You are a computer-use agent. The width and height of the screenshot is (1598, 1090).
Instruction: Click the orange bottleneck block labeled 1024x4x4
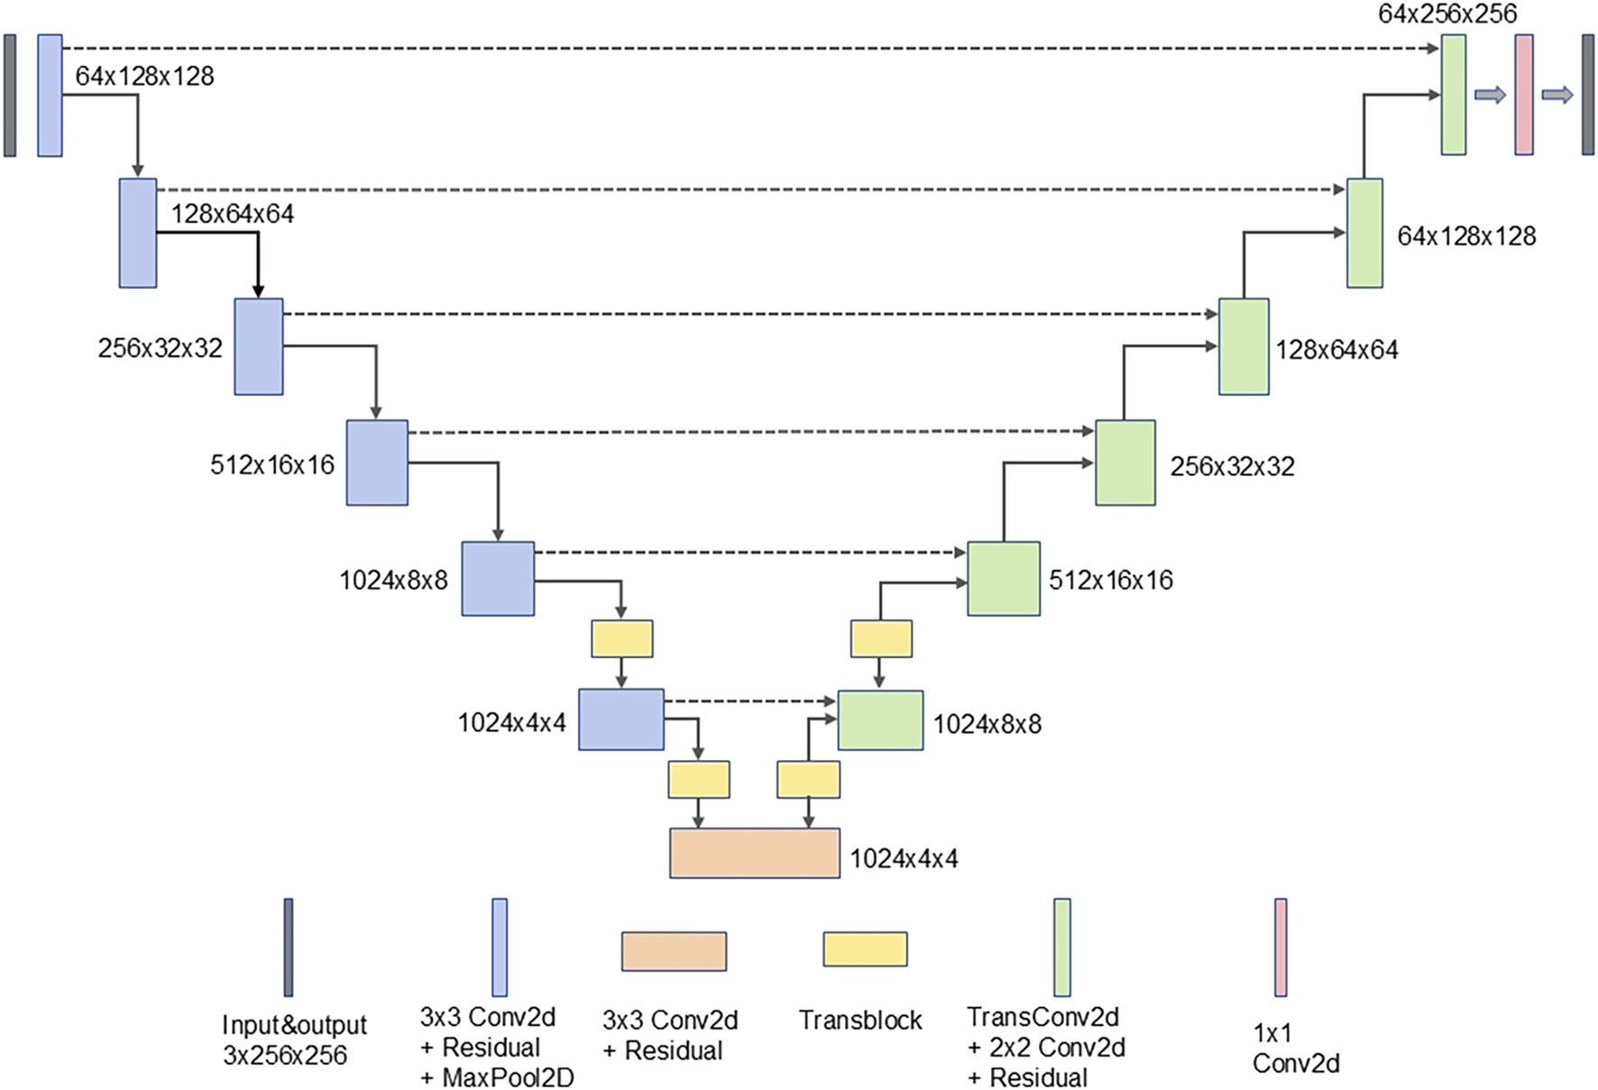[754, 853]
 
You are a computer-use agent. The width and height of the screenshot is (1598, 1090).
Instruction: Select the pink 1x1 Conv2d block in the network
[1523, 95]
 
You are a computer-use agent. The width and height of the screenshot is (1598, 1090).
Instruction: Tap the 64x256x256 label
[1446, 14]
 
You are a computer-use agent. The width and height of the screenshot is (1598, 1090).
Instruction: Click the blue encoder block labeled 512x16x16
[377, 463]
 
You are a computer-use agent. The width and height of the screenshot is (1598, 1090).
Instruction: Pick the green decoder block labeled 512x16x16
[1003, 579]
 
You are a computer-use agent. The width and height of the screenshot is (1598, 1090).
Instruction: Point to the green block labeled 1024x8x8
[879, 720]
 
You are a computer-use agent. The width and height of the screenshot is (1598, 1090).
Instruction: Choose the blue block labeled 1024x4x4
[620, 719]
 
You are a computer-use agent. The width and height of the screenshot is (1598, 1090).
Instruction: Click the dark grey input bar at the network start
[10, 95]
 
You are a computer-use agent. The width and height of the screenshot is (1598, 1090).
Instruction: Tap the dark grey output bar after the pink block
[1587, 95]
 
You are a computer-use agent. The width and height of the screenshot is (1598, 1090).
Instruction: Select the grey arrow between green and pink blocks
[1490, 95]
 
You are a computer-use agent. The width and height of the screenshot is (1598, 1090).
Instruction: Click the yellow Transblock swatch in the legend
[864, 949]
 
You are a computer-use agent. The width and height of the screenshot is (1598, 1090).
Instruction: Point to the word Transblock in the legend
[860, 1020]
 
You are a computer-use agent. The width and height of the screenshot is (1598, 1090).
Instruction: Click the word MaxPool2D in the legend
[508, 1077]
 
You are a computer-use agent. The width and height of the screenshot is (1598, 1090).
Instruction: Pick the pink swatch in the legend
[1280, 947]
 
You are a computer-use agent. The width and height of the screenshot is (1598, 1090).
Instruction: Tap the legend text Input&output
[294, 1025]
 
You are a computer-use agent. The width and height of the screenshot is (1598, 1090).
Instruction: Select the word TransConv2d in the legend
[1042, 1017]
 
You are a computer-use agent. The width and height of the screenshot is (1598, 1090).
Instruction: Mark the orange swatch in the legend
[673, 951]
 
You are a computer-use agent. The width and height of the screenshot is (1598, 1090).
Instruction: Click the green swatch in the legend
[1062, 947]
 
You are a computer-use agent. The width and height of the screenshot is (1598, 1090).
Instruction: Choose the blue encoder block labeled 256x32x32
[259, 346]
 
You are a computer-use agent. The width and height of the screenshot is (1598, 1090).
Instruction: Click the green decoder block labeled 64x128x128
[1364, 233]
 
